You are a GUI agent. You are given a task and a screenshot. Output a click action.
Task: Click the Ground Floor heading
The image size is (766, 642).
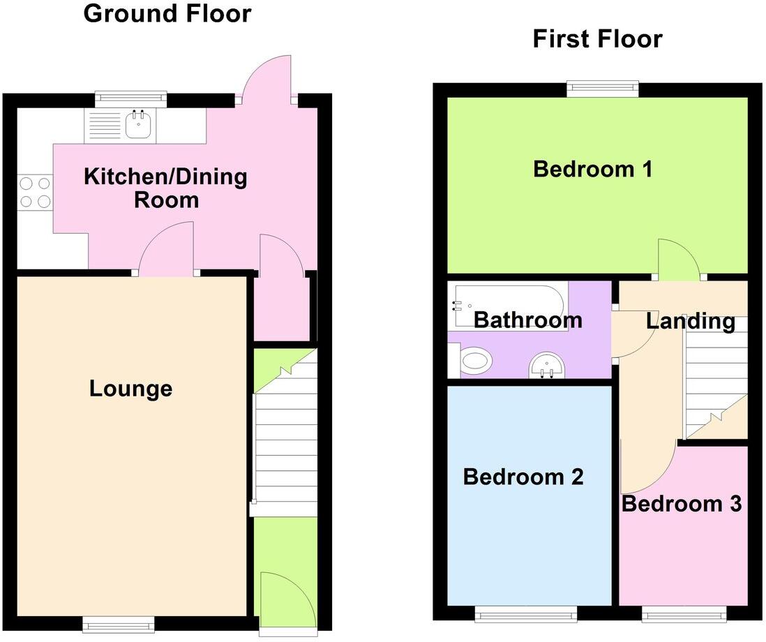[x=167, y=13]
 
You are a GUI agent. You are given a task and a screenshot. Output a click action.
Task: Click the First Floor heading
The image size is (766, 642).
[x=597, y=39]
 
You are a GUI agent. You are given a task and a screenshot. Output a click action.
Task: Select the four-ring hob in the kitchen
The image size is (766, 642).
[x=35, y=193]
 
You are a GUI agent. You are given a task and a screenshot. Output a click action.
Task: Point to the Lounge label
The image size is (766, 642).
[x=130, y=389]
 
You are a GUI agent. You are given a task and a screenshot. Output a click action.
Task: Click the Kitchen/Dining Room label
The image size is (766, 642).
[x=165, y=188]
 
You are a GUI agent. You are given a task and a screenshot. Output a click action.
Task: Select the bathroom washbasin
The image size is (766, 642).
[x=546, y=364]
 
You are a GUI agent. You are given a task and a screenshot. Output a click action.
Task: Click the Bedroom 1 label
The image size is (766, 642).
[x=592, y=169]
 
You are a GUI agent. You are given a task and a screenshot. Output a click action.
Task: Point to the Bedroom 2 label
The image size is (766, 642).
[x=523, y=477]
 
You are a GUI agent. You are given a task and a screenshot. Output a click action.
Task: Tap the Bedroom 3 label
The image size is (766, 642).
[x=681, y=503]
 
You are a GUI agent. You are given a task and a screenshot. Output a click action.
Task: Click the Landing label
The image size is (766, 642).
[x=690, y=321]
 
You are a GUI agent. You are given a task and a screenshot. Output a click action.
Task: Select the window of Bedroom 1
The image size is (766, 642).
[x=603, y=88]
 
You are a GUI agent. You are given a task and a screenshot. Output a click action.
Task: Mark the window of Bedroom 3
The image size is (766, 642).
[x=684, y=613]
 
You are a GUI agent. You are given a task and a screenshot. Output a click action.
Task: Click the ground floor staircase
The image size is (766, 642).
[x=285, y=447]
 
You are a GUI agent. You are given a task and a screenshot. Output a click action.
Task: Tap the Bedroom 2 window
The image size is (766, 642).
[x=526, y=613]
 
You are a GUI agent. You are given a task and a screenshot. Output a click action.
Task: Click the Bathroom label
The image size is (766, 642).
[x=527, y=320]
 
